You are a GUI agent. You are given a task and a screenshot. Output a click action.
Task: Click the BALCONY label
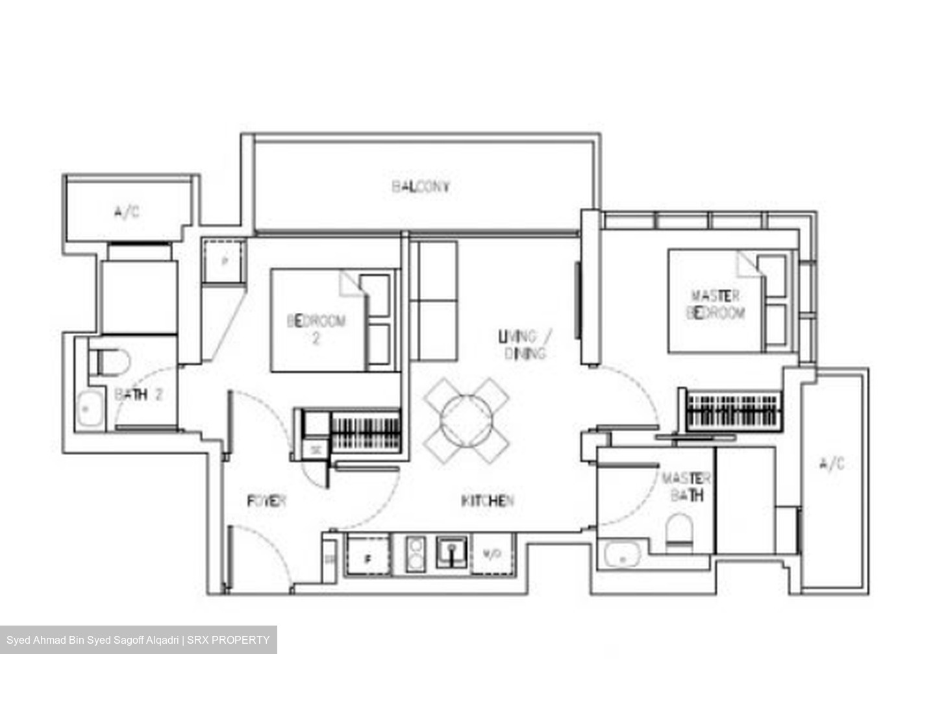pos(421,187)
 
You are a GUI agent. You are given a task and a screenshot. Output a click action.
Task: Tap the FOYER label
pos(266,501)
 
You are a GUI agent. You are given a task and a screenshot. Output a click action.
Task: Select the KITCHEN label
pos(487,501)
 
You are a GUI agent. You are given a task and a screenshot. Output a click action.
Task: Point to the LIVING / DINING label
pos(525,345)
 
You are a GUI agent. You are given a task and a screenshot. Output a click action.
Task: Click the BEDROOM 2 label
pos(316,328)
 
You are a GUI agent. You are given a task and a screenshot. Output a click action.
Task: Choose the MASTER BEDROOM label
pos(716,305)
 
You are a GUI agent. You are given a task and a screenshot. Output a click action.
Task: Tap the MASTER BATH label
pos(686,487)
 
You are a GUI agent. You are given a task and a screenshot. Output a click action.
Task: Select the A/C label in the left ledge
pos(127,212)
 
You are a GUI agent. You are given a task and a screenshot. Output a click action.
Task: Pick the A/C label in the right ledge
pos(832,463)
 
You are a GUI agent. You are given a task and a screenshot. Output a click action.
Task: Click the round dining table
pos(466,420)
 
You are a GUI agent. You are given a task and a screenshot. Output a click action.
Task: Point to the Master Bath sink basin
pos(622,556)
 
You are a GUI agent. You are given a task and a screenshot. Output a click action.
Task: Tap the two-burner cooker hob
pos(414,554)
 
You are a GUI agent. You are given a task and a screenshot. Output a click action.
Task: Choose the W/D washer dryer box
pos(493,555)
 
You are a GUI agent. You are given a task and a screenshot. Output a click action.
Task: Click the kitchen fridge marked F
pos(368,556)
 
